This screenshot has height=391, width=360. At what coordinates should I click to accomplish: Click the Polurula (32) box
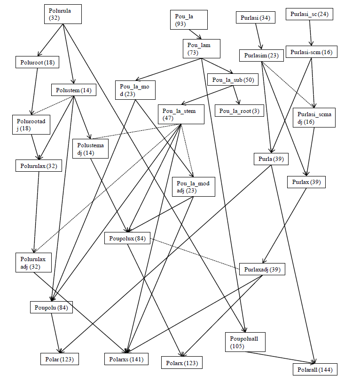[65, 14]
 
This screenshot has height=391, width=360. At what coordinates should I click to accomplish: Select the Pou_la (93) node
[185, 20]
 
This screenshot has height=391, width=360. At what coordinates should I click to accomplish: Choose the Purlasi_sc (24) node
[308, 14]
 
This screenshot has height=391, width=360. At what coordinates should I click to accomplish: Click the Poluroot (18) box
[37, 62]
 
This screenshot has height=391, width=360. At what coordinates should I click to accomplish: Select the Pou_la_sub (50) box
[233, 80]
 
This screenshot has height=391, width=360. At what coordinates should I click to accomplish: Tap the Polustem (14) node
[72, 89]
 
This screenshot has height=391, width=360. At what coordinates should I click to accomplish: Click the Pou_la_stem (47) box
[181, 114]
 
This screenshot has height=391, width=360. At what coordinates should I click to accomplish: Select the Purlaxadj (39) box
[262, 269]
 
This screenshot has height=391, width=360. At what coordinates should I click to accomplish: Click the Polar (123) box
[59, 359]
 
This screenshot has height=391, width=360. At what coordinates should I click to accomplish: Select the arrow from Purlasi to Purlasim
[258, 36]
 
